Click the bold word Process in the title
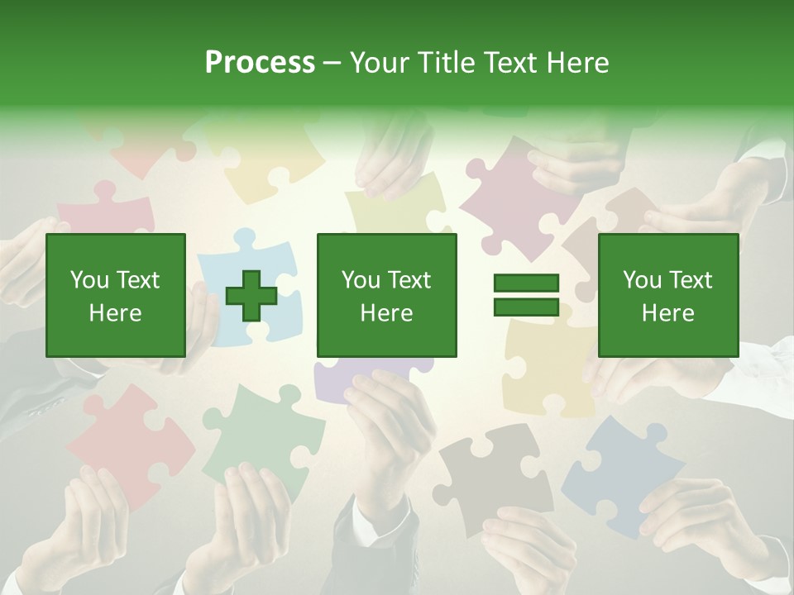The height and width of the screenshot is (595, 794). click(x=260, y=63)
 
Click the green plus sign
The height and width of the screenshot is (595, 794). click(x=251, y=296)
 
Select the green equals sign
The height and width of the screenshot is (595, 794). click(x=526, y=295)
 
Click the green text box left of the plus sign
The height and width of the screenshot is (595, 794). click(x=115, y=295)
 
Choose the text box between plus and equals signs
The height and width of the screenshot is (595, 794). click(x=386, y=295)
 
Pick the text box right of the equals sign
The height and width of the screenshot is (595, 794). click(x=667, y=295)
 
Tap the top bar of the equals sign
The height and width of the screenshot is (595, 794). click(x=526, y=283)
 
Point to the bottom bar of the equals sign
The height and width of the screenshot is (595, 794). click(x=526, y=307)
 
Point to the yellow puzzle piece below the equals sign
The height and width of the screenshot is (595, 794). click(x=546, y=364)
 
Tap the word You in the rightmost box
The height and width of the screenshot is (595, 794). click(x=642, y=280)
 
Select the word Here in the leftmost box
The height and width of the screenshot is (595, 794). click(x=115, y=313)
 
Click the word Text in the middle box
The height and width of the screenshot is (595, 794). click(x=409, y=280)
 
